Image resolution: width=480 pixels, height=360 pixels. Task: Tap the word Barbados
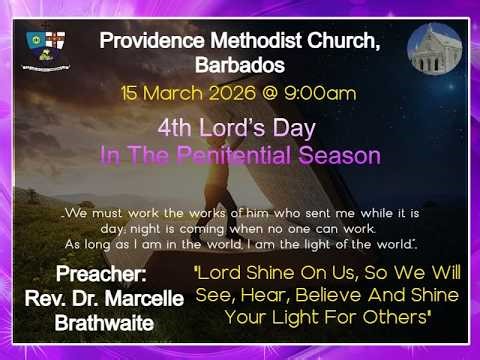[240, 65]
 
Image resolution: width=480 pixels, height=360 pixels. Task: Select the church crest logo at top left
[47, 48]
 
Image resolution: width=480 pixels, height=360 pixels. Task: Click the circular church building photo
[435, 50]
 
